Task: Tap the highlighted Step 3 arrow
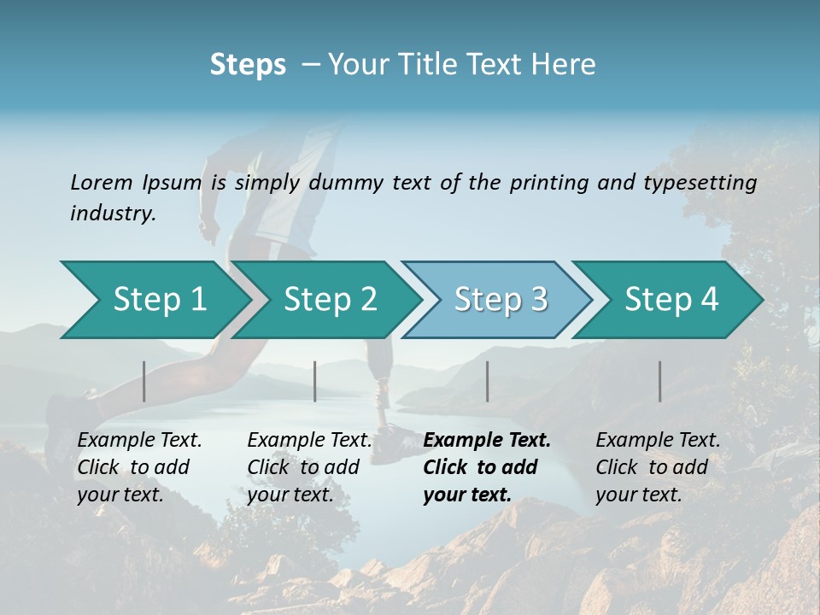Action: [x=500, y=300]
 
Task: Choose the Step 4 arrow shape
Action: [x=671, y=300]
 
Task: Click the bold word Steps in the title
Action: [x=248, y=65]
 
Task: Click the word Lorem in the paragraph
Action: [x=102, y=182]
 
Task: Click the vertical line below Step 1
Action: [x=144, y=381]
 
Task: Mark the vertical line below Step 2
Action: [x=315, y=381]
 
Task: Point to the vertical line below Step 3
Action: [x=487, y=381]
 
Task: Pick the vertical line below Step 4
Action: [x=660, y=381]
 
